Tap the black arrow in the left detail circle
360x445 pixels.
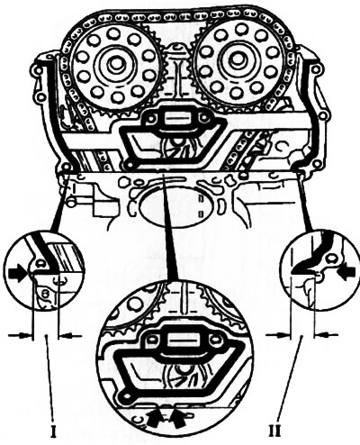(17, 274)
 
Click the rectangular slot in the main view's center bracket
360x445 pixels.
(176, 118)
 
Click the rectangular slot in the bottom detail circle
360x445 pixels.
(180, 341)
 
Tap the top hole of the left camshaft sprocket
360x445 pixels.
(114, 33)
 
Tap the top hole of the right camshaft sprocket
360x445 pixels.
(241, 29)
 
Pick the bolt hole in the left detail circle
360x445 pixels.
(40, 263)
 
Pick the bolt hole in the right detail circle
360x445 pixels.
(331, 258)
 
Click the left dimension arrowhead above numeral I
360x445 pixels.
(25, 334)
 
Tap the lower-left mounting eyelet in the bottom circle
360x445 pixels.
(124, 397)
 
